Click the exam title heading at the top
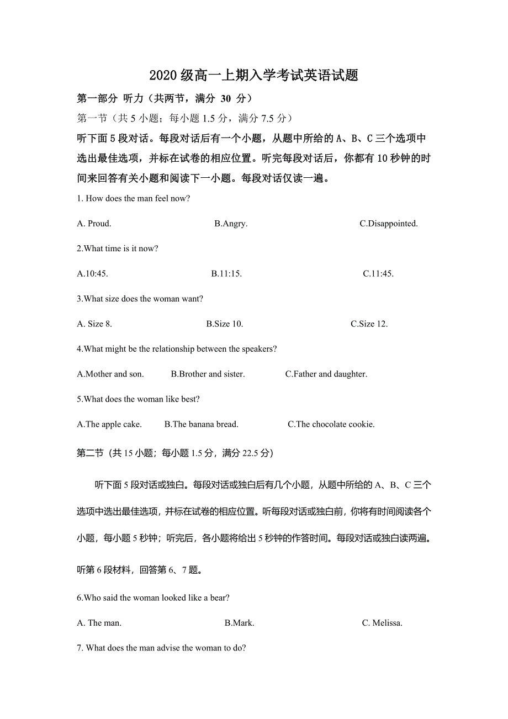253,76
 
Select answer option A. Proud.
94,224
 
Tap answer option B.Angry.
231,224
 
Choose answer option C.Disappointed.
388,224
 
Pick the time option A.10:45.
92,273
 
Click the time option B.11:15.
226,273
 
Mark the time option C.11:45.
378,273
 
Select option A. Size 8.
94,324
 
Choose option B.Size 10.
225,324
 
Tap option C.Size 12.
369,324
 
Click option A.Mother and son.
110,374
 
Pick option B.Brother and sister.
208,374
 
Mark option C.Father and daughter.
326,374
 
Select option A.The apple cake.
109,424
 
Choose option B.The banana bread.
201,424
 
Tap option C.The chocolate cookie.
331,424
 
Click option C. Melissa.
382,623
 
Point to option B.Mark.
239,623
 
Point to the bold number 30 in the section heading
225,99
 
